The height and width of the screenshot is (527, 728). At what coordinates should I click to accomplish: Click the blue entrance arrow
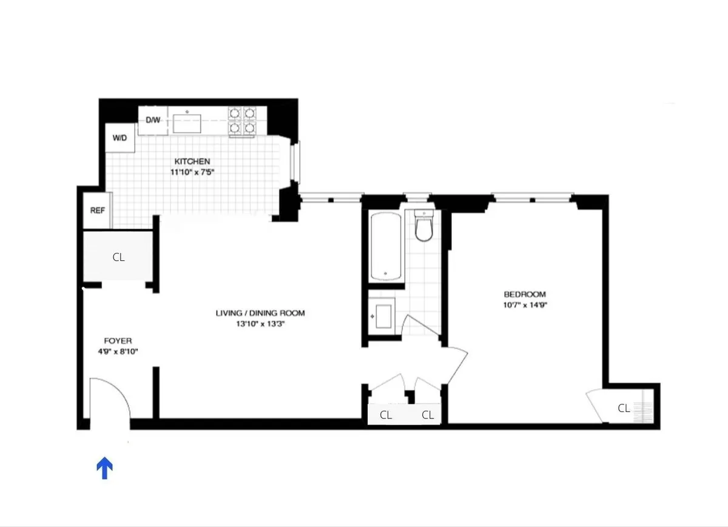[x=105, y=468]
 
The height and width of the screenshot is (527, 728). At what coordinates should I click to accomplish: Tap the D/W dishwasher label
[x=153, y=120]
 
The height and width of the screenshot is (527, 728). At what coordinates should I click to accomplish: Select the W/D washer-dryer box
[x=120, y=138]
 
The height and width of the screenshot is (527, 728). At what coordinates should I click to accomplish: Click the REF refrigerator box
[x=97, y=210]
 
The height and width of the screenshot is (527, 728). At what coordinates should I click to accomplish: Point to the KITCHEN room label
[x=192, y=161]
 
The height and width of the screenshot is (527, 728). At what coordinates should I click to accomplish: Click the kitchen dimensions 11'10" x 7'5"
[x=193, y=172]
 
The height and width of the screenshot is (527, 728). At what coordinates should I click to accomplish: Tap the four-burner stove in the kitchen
[x=242, y=120]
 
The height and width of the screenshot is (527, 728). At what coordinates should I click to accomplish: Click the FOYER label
[x=118, y=341]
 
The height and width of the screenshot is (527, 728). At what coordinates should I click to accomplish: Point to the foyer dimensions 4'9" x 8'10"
[x=118, y=351]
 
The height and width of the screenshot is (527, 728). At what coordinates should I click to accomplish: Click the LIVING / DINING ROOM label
[x=260, y=314]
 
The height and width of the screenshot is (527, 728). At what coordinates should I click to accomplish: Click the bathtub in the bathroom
[x=385, y=246]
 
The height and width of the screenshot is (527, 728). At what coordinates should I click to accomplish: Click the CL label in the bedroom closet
[x=624, y=408]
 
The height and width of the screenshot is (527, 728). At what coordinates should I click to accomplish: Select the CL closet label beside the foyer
[x=118, y=257]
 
